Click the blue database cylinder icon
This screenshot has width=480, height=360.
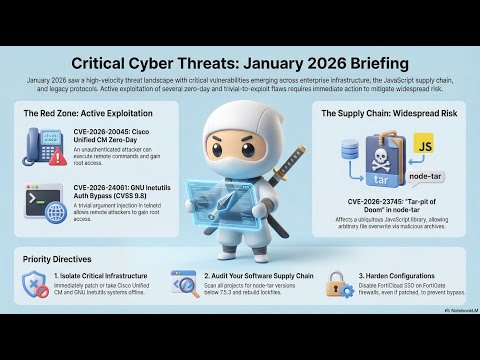[349, 149]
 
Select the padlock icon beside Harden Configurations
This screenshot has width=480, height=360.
[338, 286]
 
